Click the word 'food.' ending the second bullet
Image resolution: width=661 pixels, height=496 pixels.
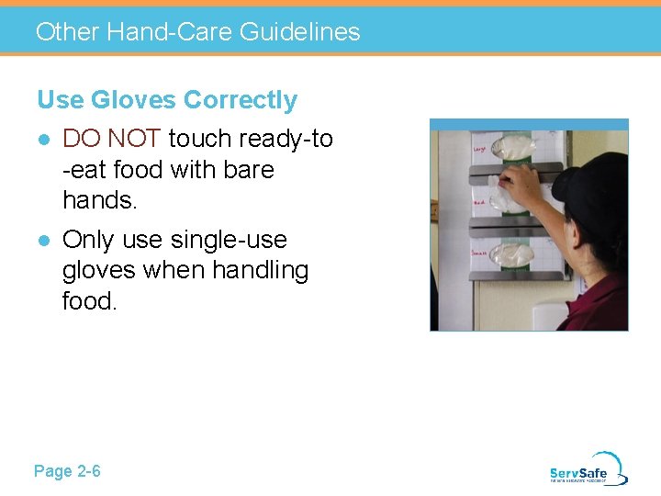click(x=90, y=300)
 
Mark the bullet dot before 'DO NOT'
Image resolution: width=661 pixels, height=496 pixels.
click(x=42, y=140)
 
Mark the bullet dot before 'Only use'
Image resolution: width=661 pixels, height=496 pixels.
click(x=42, y=241)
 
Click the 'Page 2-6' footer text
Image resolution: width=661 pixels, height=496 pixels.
click(x=67, y=471)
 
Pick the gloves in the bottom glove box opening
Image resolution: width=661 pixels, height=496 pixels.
click(x=510, y=254)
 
